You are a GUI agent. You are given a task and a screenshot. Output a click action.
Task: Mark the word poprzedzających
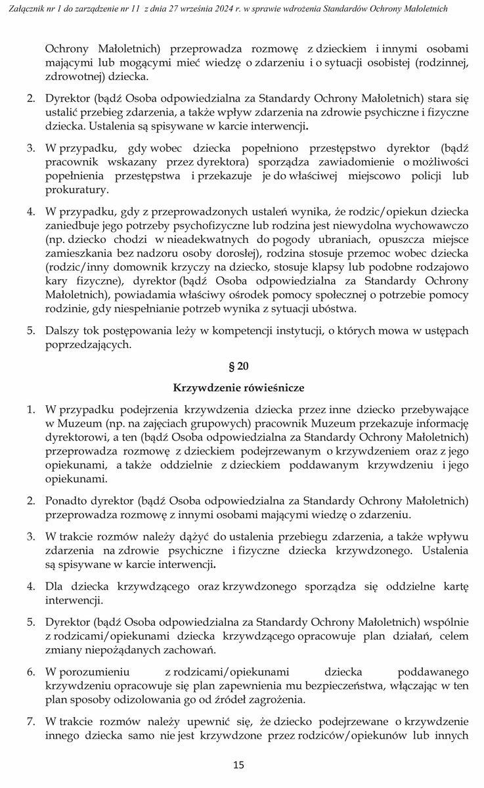89,344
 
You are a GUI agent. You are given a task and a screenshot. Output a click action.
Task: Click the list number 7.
31,721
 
